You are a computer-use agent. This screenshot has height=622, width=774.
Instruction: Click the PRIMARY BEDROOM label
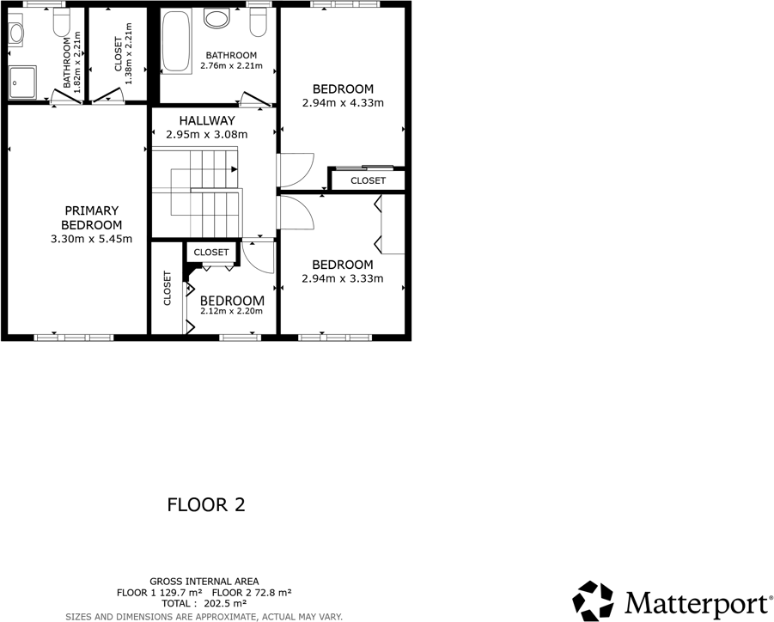91,217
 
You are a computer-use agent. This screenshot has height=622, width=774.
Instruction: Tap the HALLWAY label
206,121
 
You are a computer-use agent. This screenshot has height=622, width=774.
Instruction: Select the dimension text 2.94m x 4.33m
342,102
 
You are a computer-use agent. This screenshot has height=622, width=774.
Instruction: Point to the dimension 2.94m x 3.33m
342,278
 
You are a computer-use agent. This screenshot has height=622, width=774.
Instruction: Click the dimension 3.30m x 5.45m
91,239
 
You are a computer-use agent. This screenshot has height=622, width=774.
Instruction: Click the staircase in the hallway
196,191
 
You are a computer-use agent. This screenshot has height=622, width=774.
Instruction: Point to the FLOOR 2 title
206,505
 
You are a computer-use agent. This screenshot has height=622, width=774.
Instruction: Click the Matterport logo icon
595,601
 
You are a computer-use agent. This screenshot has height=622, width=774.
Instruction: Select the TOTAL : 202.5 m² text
204,604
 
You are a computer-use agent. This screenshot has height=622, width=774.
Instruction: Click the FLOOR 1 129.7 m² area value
160,593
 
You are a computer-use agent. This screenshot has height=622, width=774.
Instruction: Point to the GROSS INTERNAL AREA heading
204,582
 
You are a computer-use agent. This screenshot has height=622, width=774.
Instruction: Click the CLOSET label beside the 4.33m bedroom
368,181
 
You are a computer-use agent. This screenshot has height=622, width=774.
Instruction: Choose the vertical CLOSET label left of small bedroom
168,289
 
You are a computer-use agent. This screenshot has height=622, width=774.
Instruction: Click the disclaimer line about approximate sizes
204,616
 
